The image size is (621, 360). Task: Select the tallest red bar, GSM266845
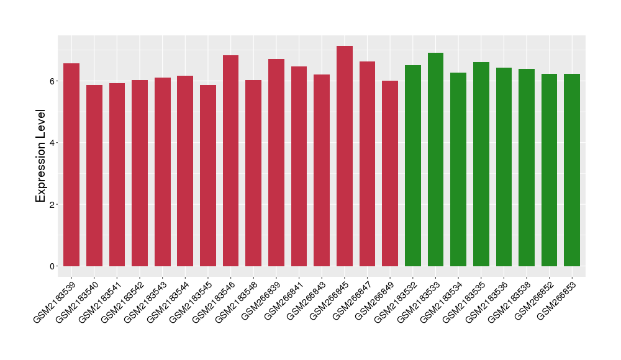point(345,156)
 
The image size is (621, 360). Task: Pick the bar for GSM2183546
point(230,161)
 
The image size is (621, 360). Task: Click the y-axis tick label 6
point(53,81)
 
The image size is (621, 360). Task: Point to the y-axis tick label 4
point(53,143)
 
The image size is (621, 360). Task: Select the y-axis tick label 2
point(53,204)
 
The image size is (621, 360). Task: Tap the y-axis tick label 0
point(53,266)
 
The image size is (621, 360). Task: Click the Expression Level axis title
point(41,156)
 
